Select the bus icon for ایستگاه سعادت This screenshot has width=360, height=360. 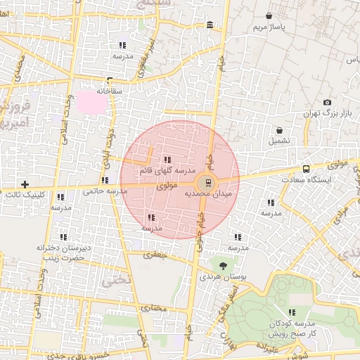tap(306, 169)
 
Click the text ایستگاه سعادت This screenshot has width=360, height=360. tap(325, 180)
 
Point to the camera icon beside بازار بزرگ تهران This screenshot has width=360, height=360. tap(327, 103)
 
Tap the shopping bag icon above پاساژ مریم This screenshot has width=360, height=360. tap(269, 15)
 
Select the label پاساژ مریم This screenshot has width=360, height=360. tap(270, 27)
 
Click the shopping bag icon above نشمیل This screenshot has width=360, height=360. tap(280, 130)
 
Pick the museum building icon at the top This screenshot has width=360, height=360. tap(210, 26)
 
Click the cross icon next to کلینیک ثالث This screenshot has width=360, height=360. tap(25, 184)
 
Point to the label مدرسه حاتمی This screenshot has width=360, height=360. tap(104, 191)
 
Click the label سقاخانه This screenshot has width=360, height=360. tap(110, 91)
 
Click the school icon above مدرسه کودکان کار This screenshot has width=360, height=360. tap(292, 312)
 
